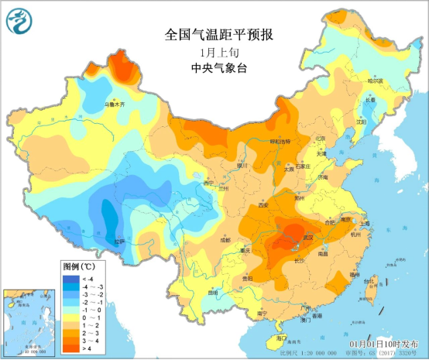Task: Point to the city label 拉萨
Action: point(118,242)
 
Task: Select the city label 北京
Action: point(320,138)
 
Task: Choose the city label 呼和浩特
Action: point(279,142)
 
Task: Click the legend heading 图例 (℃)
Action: point(79,266)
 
